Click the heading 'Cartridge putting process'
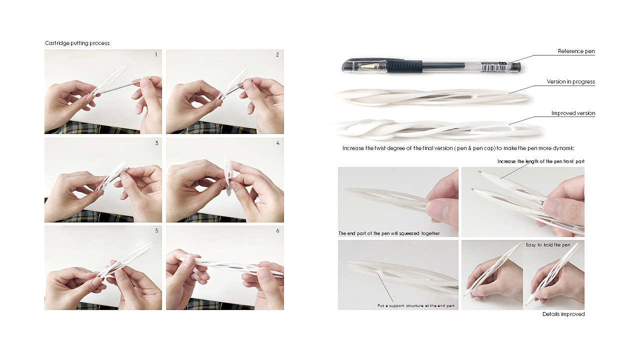tap(77, 43)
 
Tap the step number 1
tap(156, 54)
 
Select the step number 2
tap(277, 54)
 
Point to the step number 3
tap(156, 143)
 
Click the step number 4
tap(277, 143)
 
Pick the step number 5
tap(156, 230)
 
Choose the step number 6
tap(277, 230)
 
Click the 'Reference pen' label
tap(576, 51)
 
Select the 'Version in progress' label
tap(571, 81)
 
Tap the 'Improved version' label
tap(573, 113)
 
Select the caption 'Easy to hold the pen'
tap(548, 245)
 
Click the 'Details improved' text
tap(563, 314)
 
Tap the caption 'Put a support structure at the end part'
tap(416, 305)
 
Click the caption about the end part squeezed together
tap(389, 233)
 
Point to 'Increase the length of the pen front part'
tap(541, 161)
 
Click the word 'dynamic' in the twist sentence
tap(563, 148)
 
